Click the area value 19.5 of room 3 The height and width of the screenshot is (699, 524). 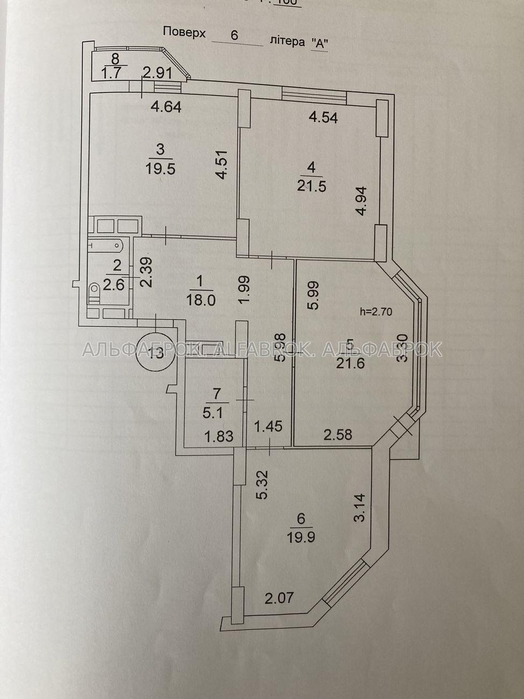[x=160, y=168]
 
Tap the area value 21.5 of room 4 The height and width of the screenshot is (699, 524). [x=311, y=186]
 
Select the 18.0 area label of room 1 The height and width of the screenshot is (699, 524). [x=201, y=299]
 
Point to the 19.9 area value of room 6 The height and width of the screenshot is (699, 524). [x=300, y=536]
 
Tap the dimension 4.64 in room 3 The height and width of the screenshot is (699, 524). [x=166, y=107]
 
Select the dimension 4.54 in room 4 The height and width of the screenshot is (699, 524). [x=323, y=116]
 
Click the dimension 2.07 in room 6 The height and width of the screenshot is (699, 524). [x=279, y=597]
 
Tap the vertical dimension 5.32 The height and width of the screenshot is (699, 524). [x=262, y=485]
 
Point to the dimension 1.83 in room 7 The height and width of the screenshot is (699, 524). [x=219, y=436]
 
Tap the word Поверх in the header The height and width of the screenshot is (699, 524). [x=185, y=32]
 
